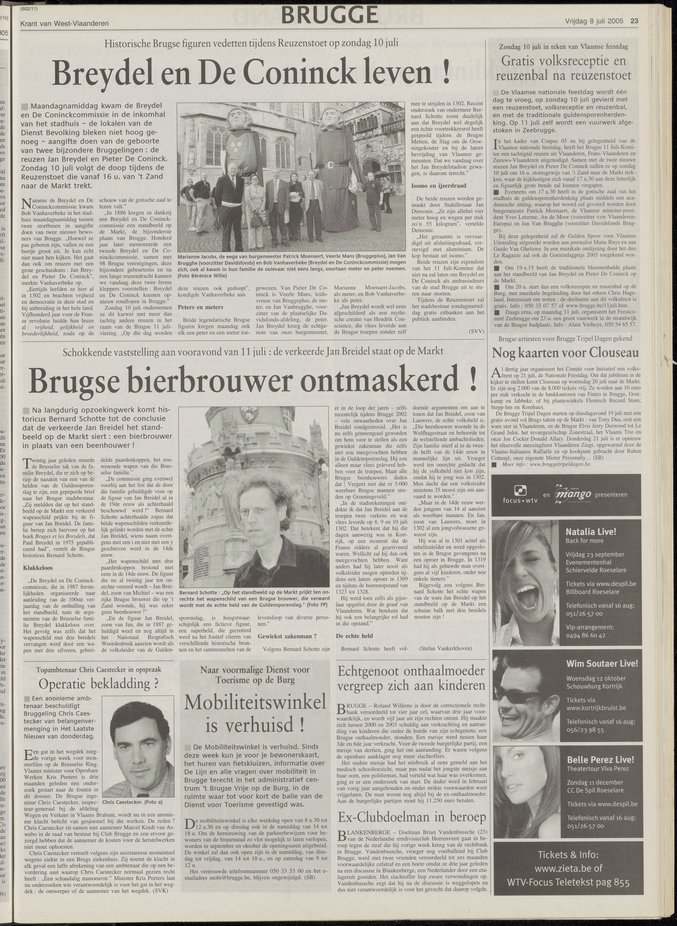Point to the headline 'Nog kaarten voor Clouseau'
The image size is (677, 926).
click(x=565, y=353)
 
